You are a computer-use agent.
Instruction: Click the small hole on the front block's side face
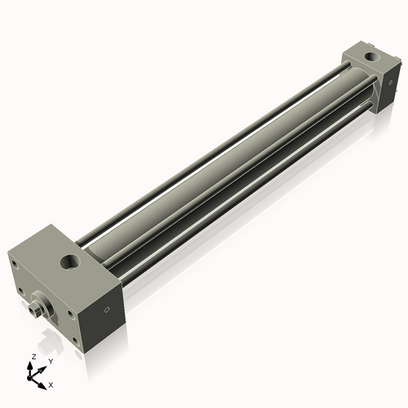105,311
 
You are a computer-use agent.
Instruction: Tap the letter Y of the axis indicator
50,361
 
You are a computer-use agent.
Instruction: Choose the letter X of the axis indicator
51,384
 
